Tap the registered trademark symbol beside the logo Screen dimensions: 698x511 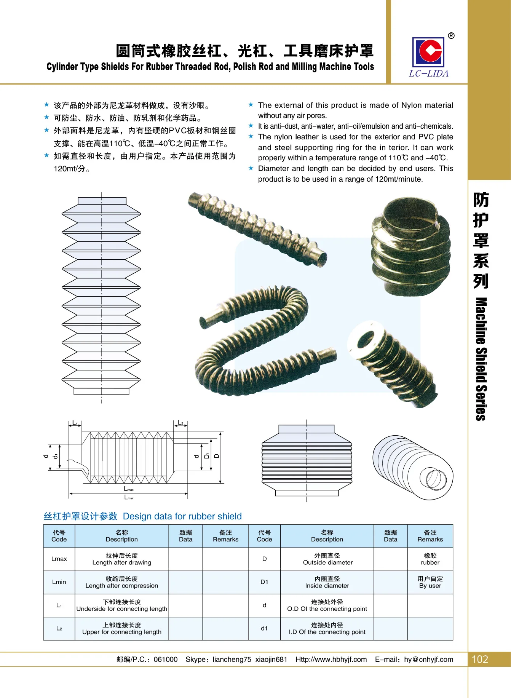tap(451, 36)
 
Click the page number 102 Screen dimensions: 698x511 tap(480, 659)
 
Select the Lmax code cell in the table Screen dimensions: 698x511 tap(59, 559)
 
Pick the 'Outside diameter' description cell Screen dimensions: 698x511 tap(327, 559)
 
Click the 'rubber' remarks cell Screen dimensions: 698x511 tap(430, 559)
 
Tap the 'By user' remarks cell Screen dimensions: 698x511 tap(430, 582)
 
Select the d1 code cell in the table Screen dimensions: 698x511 tap(264, 628)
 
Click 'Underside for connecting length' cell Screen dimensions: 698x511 tap(121, 605)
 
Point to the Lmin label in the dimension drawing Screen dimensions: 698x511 tap(129, 497)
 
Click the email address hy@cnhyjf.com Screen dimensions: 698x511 tap(428, 660)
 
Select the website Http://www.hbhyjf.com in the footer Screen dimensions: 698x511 tap(331, 660)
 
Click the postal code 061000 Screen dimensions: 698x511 tap(165, 660)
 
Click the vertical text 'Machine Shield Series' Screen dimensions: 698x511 tap(481, 359)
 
